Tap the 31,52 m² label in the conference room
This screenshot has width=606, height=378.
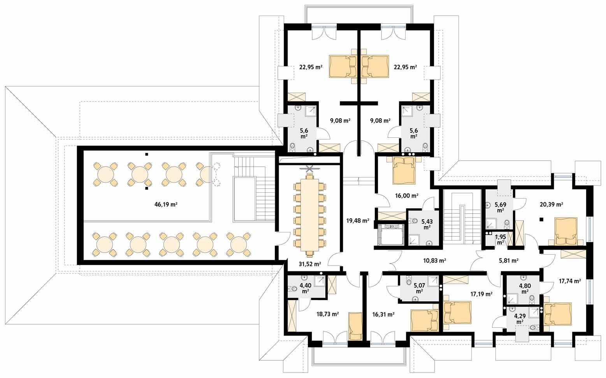point(310,264)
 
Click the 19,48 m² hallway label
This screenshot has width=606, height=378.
point(357,221)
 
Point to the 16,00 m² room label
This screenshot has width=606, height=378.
point(407,196)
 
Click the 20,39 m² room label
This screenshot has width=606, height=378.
point(551,204)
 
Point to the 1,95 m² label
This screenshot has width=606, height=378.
point(501,239)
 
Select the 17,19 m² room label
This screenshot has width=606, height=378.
point(481,294)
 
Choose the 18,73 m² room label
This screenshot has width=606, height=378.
point(327,314)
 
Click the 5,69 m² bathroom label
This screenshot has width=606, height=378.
point(500,206)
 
